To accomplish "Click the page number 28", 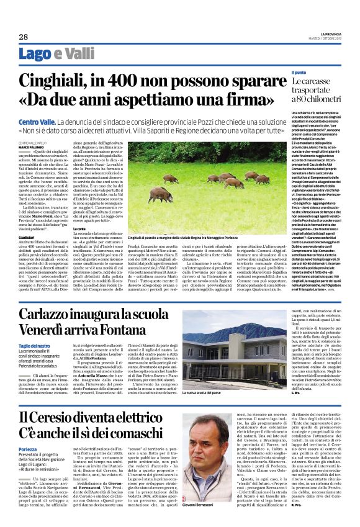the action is (x=23, y=37).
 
